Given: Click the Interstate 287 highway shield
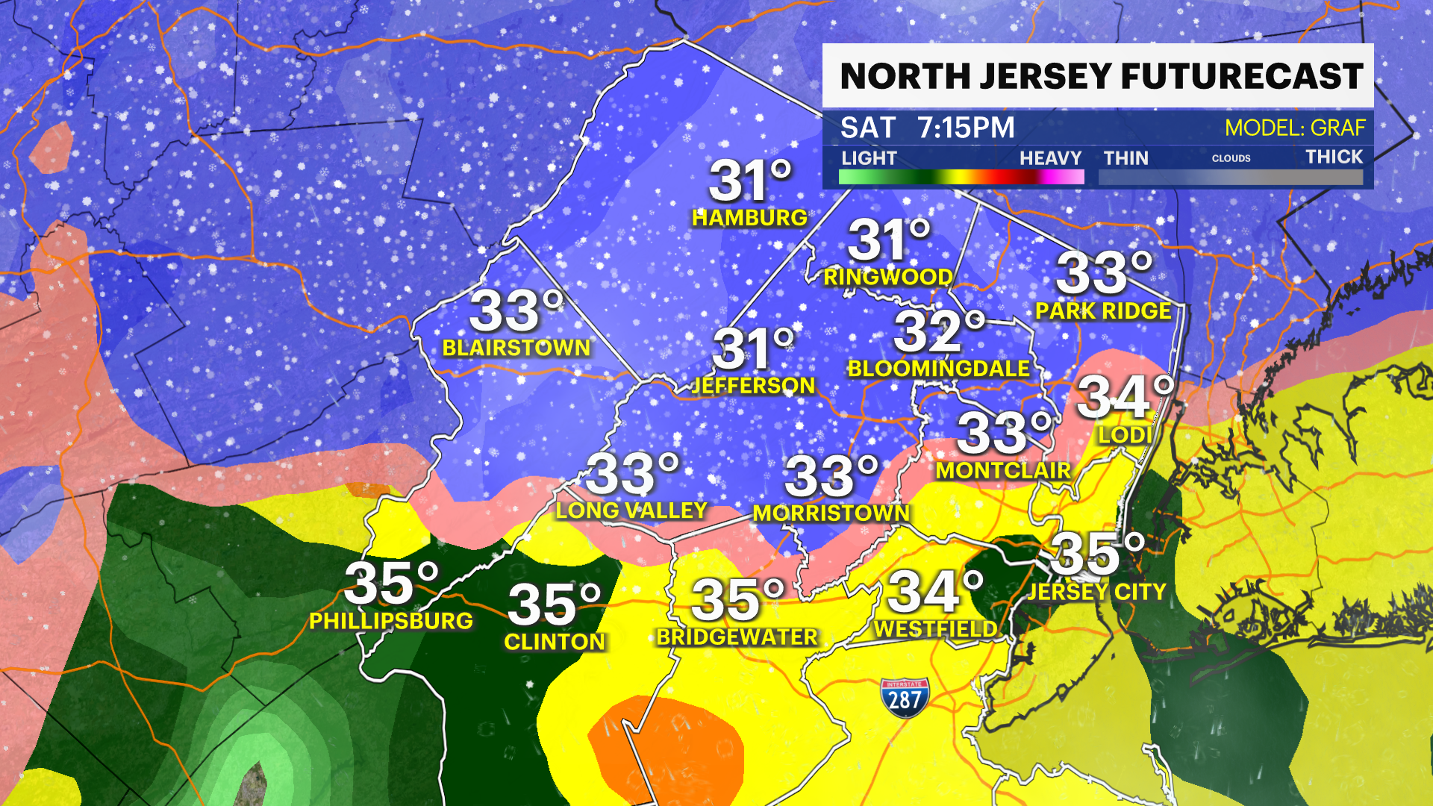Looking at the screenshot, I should tap(905, 698).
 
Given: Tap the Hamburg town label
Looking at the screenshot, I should tap(749, 217).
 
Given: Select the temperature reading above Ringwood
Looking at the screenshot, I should tap(888, 241).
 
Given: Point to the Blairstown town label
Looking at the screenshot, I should tap(516, 348).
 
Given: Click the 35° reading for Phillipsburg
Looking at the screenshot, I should tap(391, 584).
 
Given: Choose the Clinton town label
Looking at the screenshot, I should tap(555, 642).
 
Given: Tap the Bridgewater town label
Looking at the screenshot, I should tap(737, 637).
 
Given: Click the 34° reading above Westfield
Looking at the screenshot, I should tap(934, 592).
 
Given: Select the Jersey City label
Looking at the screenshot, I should tap(1096, 592).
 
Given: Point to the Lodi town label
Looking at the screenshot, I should tap(1124, 434).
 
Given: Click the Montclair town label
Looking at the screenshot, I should tap(1003, 470).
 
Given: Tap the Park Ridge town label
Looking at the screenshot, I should tap(1103, 310).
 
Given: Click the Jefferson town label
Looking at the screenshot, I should tap(753, 385).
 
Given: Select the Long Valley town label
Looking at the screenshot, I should tap(631, 510).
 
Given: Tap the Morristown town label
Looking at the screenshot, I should tap(831, 513).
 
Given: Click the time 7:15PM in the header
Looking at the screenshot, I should tap(966, 128).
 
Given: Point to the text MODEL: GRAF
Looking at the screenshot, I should tap(1294, 128).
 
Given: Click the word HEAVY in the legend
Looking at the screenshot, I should tap(1050, 158).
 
